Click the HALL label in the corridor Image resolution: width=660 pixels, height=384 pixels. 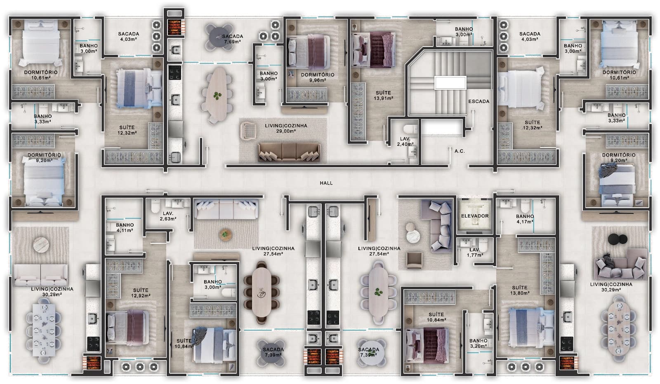point(326,183)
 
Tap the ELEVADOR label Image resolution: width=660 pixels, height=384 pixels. point(475,216)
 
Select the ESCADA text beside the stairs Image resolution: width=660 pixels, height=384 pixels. point(479,101)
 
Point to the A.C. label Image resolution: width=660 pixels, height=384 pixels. point(460,151)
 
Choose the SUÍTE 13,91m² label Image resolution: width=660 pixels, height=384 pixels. point(383,96)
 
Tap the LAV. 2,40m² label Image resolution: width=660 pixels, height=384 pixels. point(405,142)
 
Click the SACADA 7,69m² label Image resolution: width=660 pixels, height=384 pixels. point(233,39)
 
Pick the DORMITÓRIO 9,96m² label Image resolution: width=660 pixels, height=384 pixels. point(318,77)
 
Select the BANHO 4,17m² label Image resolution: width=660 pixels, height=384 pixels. point(525,219)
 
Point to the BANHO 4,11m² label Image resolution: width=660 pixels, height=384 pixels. point(125,228)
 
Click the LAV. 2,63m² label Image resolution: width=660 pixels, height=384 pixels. point(168,216)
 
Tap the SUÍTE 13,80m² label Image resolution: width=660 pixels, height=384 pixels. point(520,290)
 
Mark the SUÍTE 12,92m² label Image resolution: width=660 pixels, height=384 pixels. point(141,293)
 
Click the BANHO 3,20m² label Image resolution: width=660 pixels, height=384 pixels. point(478,343)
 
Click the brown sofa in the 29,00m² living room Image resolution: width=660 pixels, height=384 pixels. point(289,152)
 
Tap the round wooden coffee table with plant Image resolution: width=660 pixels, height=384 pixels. point(225,235)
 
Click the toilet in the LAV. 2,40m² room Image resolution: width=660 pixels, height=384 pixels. point(411,129)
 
